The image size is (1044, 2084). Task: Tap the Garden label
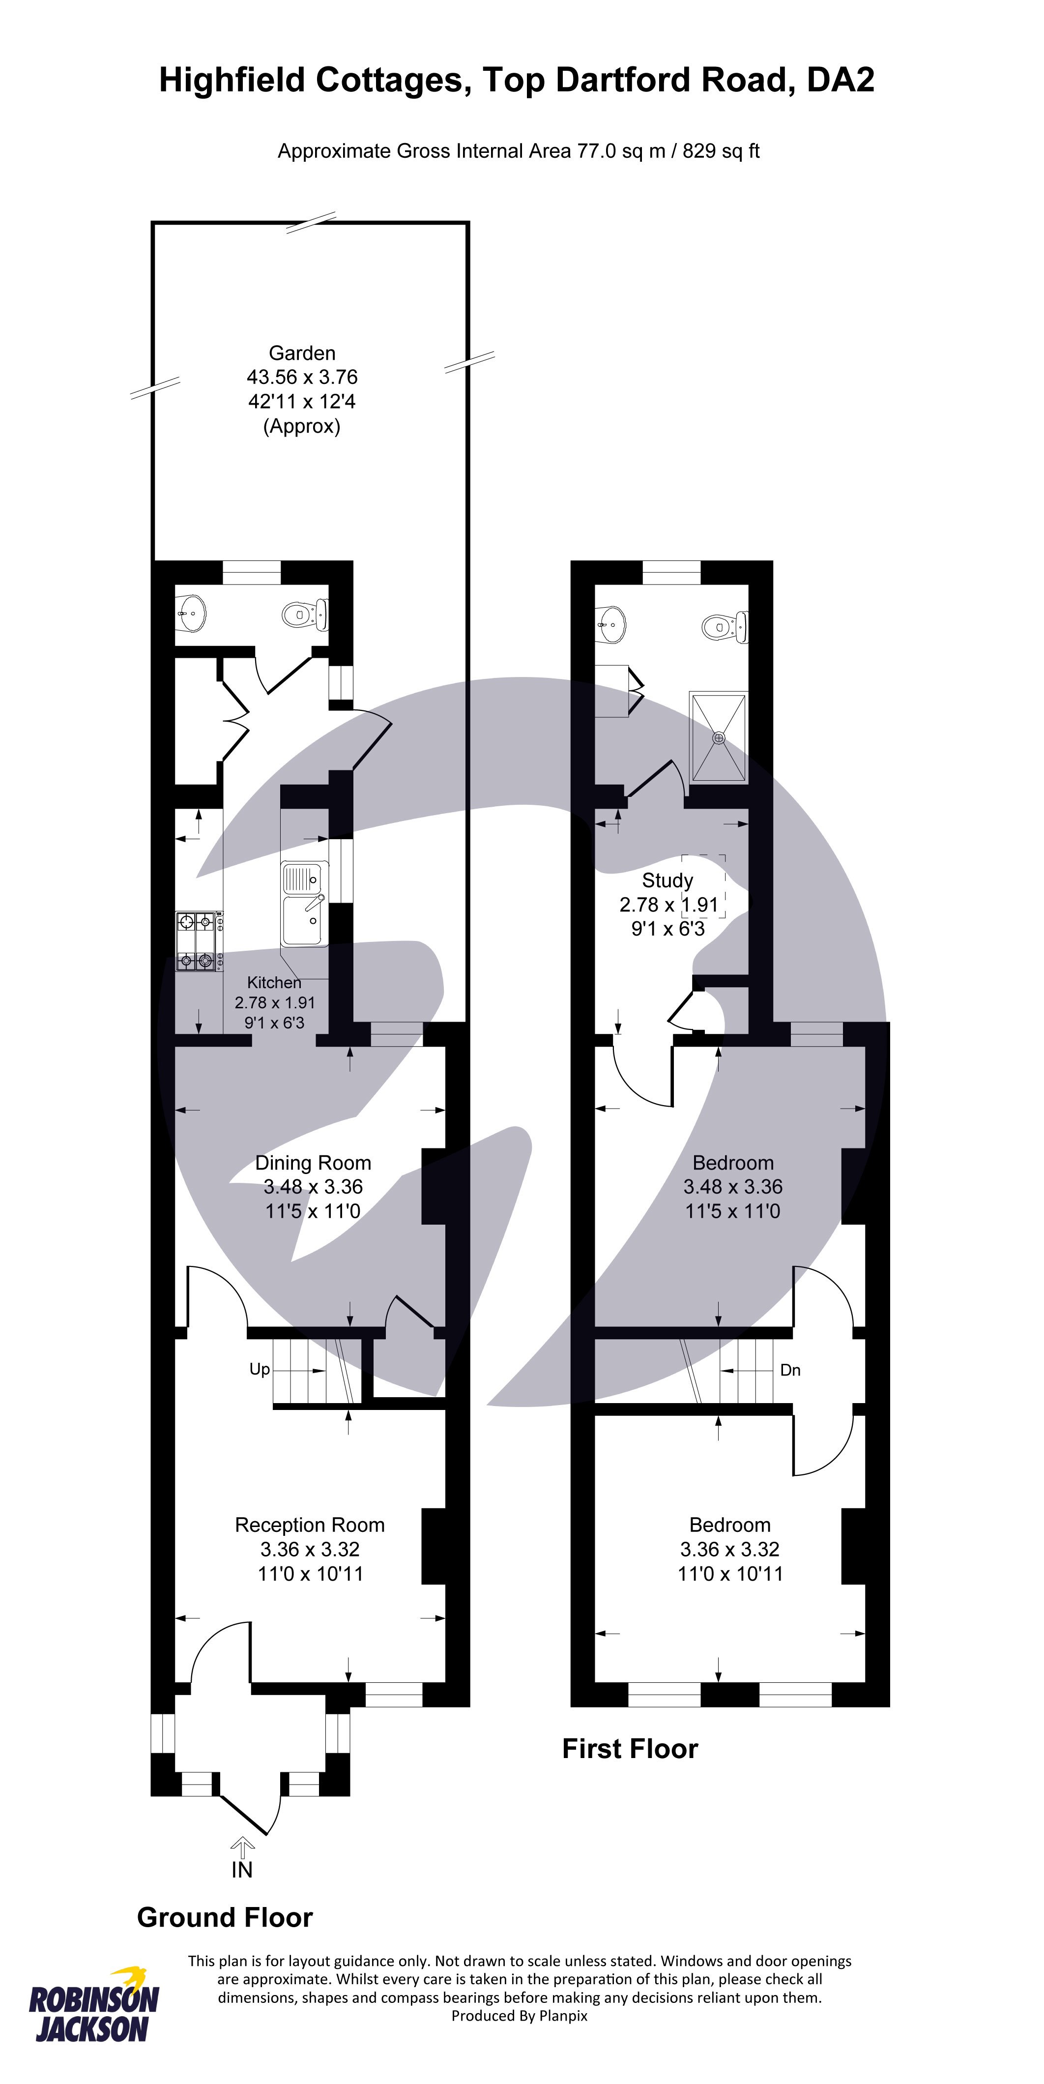tap(302, 353)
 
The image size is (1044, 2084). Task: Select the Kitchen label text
tap(274, 983)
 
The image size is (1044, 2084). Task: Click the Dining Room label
tap(313, 1163)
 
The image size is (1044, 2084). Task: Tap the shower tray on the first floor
tap(718, 738)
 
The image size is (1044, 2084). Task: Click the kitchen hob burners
tap(197, 941)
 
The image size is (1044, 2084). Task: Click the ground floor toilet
tap(304, 615)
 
